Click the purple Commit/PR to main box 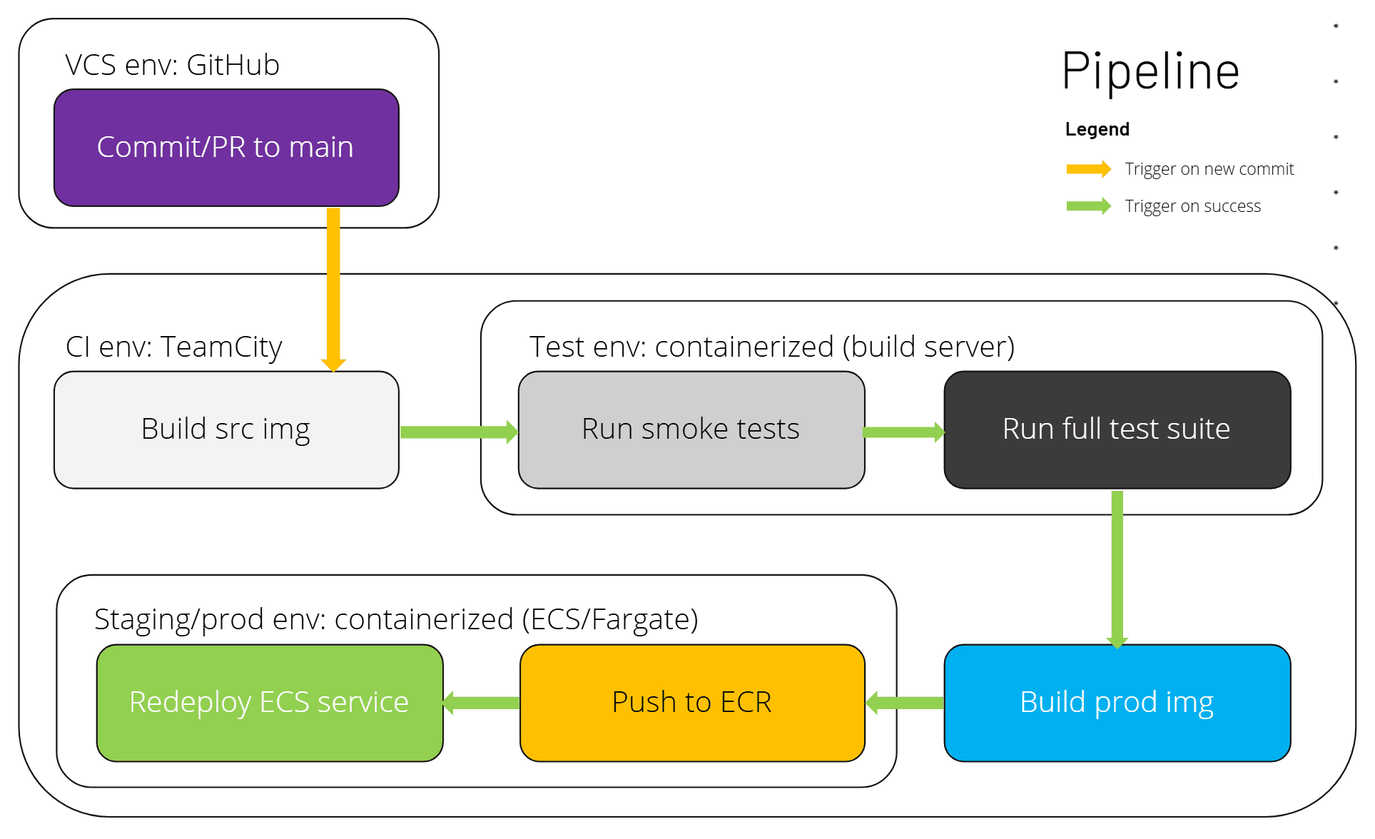tap(226, 148)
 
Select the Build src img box tap(226, 429)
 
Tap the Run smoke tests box tap(691, 429)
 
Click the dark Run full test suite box tap(1117, 429)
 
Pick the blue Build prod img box tap(1117, 703)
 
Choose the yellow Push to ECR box tap(692, 703)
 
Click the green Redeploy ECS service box tap(270, 703)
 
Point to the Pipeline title tap(1150, 72)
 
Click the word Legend tap(1097, 130)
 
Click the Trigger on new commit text tap(1209, 169)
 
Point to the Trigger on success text tap(1192, 206)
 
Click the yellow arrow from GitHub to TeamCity tap(333, 285)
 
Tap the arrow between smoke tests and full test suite tap(903, 432)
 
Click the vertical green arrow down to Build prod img tap(1117, 567)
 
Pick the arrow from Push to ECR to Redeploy tap(482, 703)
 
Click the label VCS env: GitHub tap(172, 65)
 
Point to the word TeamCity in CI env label tap(221, 347)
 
